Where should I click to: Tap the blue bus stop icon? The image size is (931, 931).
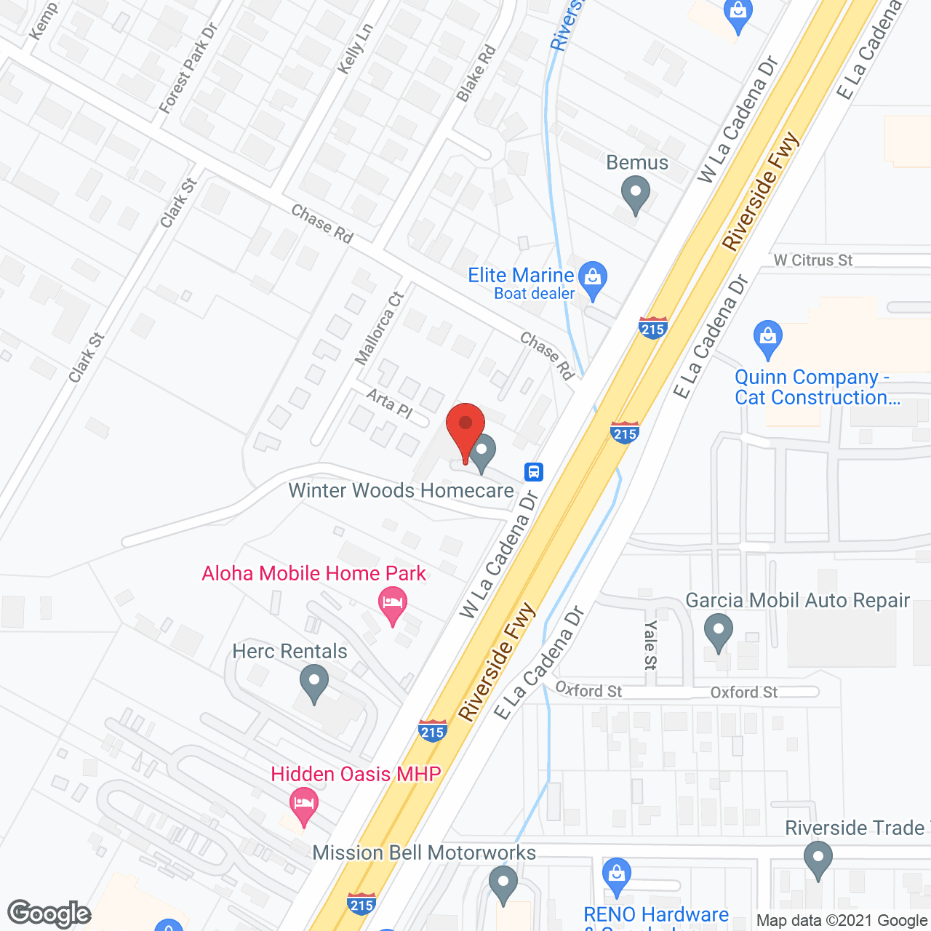(534, 471)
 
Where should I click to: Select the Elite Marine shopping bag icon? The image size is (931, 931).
(594, 279)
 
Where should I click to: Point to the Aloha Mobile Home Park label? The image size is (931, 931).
(313, 573)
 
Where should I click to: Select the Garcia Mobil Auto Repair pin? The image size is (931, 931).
(719, 631)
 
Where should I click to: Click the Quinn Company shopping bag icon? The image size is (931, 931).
(767, 338)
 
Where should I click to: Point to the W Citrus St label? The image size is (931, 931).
(812, 260)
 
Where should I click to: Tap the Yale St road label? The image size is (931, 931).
(650, 644)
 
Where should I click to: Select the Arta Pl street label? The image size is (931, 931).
(389, 404)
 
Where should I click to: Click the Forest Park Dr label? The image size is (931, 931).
(188, 68)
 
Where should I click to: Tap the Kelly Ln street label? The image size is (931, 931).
(356, 48)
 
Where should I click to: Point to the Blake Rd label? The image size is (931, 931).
(476, 73)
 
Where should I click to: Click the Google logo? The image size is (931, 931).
(49, 914)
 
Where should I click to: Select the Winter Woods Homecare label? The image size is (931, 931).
(401, 490)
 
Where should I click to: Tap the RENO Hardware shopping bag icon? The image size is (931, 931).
(617, 876)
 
